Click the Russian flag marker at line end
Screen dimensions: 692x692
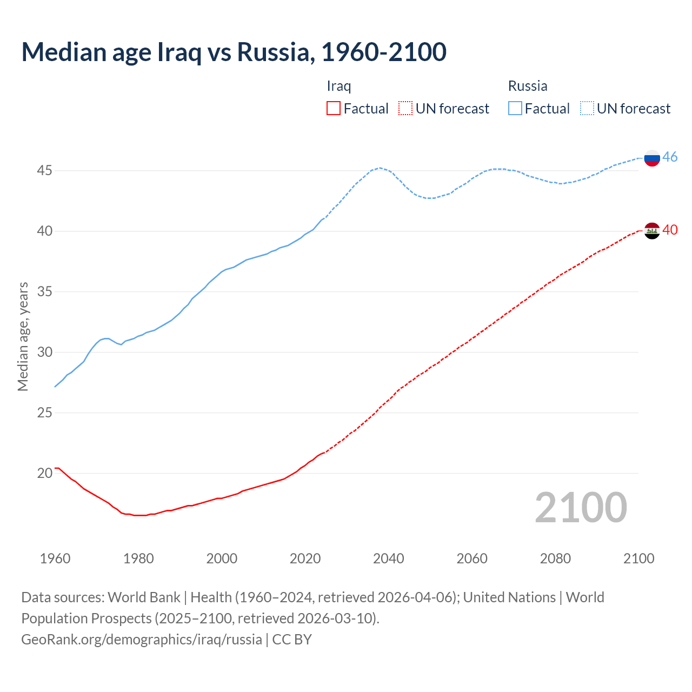coord(652,158)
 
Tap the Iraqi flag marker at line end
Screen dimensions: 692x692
coord(652,230)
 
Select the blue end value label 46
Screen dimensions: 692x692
coord(670,157)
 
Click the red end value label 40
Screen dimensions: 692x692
coord(670,230)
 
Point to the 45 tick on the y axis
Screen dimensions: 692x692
coord(44,171)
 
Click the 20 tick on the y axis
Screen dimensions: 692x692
coord(44,474)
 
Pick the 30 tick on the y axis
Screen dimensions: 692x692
coord(44,352)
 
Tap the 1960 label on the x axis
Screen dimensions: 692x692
coord(55,558)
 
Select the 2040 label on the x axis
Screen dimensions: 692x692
coord(388,558)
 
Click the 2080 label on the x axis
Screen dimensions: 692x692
coord(555,558)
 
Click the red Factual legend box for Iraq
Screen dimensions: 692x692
coord(334,109)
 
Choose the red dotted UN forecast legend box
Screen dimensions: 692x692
coord(405,109)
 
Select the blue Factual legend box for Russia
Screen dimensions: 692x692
coord(515,109)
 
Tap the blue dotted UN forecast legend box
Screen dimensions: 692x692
coord(587,109)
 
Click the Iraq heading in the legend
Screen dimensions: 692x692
coord(339,86)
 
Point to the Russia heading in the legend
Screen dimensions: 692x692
coord(528,86)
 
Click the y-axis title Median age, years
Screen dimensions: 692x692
coord(23,336)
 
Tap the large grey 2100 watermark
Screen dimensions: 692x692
coord(581,508)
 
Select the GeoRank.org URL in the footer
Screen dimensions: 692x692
coord(142,640)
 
